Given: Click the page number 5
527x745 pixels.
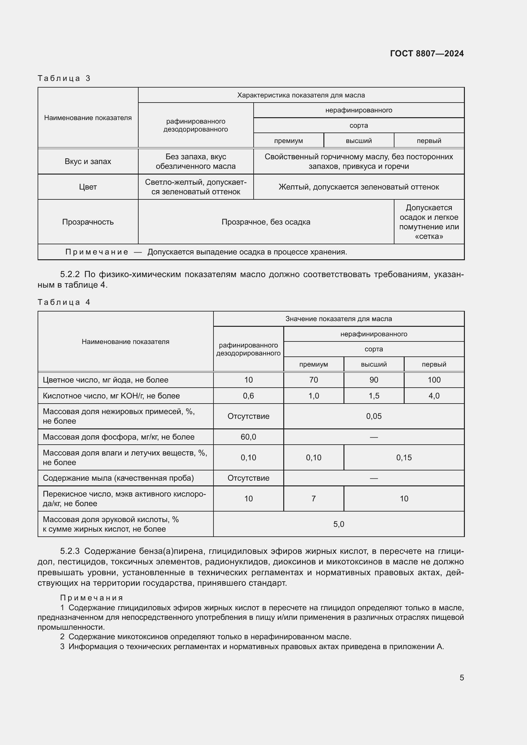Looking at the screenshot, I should point(461,677).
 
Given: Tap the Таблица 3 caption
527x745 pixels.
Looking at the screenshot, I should point(64,78).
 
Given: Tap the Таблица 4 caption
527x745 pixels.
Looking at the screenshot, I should point(64,302).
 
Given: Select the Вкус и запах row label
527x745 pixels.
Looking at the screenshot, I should point(88,161).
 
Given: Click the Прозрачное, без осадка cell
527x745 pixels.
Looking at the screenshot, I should point(266,222).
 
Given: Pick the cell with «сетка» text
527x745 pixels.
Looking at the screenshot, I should point(429,222).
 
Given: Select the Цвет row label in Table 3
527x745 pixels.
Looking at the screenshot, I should point(88,187).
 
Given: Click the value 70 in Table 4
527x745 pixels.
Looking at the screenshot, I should point(314,380).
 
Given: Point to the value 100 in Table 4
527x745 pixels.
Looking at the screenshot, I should point(434,380).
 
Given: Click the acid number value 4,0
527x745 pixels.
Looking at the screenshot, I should point(434,396).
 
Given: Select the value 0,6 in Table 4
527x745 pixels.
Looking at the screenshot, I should point(248,396).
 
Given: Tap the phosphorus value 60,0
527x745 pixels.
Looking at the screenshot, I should point(248,437).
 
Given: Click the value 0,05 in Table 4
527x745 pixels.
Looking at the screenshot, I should point(373,416).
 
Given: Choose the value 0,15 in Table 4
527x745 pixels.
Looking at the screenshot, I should point(404,457).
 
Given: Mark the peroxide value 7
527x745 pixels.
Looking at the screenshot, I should point(314,498).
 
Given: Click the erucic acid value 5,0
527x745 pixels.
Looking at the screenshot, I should point(338,524).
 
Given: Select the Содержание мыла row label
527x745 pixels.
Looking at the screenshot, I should point(118,478).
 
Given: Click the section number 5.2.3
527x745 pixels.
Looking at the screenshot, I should point(70,551).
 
